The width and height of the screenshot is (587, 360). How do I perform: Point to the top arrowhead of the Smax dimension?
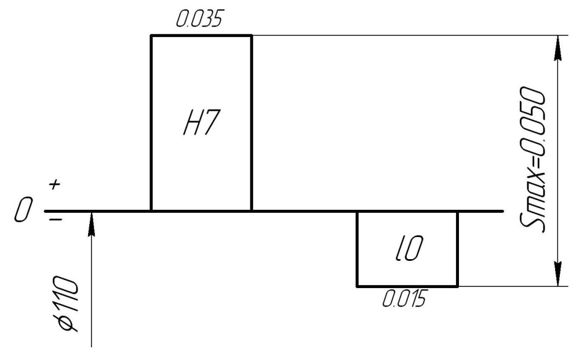[x=558, y=49]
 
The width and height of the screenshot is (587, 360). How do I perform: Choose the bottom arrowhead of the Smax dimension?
[x=558, y=272]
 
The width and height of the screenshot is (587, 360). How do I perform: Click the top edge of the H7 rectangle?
[x=201, y=35]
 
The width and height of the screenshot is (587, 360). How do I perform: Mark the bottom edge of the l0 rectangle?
[x=407, y=286]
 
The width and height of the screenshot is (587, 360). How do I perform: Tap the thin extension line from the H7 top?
[x=406, y=35]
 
